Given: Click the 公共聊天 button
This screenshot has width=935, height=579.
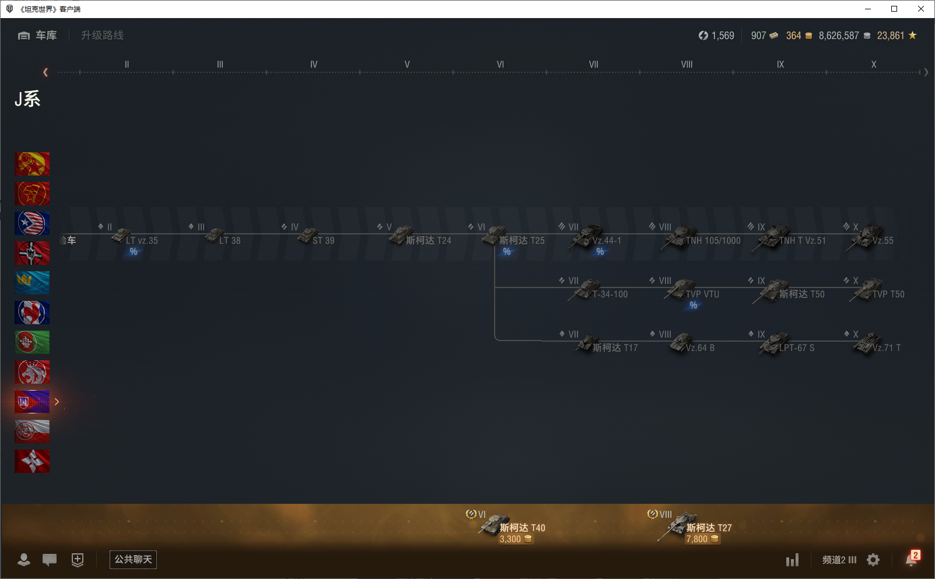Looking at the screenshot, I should (133, 560).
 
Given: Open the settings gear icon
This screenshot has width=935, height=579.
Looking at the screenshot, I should (873, 560).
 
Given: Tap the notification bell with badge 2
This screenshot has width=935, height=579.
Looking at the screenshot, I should (911, 560).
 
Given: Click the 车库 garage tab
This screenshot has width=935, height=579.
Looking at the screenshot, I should (38, 36).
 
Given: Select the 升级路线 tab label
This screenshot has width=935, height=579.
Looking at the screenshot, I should (102, 36).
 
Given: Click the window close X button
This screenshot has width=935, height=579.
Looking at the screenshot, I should (921, 9).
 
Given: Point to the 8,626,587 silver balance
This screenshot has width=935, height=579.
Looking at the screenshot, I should (839, 36).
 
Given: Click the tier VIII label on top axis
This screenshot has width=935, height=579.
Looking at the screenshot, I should (687, 65).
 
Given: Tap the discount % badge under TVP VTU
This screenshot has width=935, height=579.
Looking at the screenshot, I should (693, 305).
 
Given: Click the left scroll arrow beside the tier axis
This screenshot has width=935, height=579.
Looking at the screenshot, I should (45, 72).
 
